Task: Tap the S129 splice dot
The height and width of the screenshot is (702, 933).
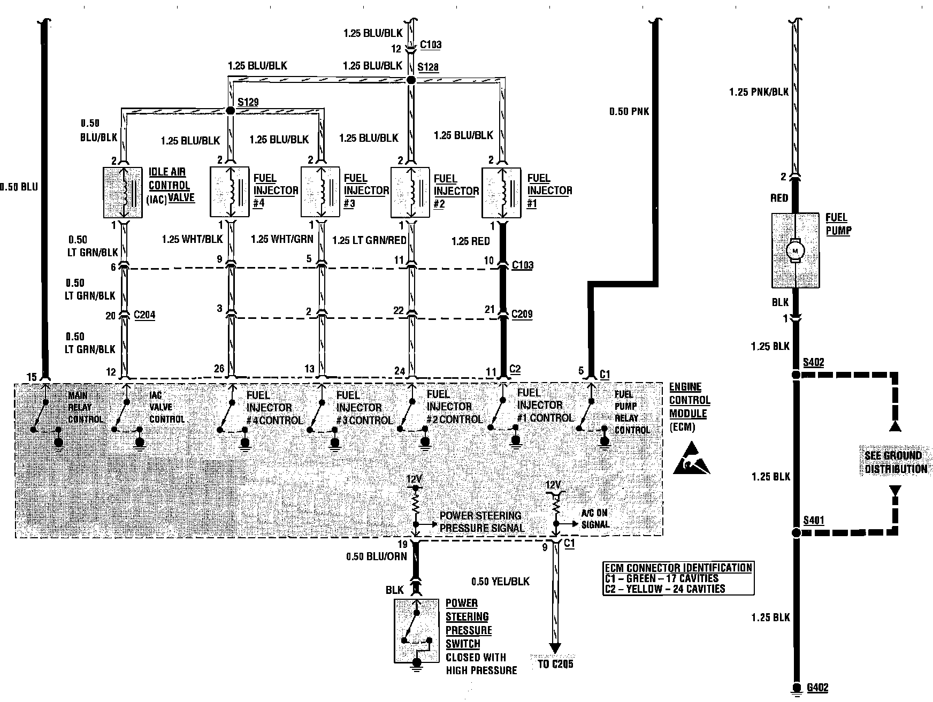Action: click(231, 111)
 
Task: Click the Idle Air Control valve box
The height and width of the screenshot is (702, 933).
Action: click(123, 193)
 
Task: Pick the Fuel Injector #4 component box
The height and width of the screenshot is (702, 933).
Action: click(230, 193)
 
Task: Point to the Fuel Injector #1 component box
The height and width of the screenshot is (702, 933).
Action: click(501, 193)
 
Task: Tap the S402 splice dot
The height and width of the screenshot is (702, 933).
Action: click(796, 375)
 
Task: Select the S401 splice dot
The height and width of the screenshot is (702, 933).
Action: click(796, 533)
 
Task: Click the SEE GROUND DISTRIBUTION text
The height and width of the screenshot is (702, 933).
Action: click(896, 462)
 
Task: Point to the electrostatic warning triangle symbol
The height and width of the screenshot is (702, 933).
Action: click(691, 459)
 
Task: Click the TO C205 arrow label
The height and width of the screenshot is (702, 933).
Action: click(555, 665)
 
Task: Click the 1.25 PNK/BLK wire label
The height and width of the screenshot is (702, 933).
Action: click(759, 92)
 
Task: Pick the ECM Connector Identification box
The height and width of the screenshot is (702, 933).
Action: click(678, 578)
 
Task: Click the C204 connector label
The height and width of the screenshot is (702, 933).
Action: click(144, 315)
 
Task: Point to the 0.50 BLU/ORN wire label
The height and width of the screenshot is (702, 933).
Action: click(376, 556)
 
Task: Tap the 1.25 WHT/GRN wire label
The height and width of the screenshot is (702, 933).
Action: click(281, 239)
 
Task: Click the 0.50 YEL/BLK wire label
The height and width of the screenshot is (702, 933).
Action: click(500, 581)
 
